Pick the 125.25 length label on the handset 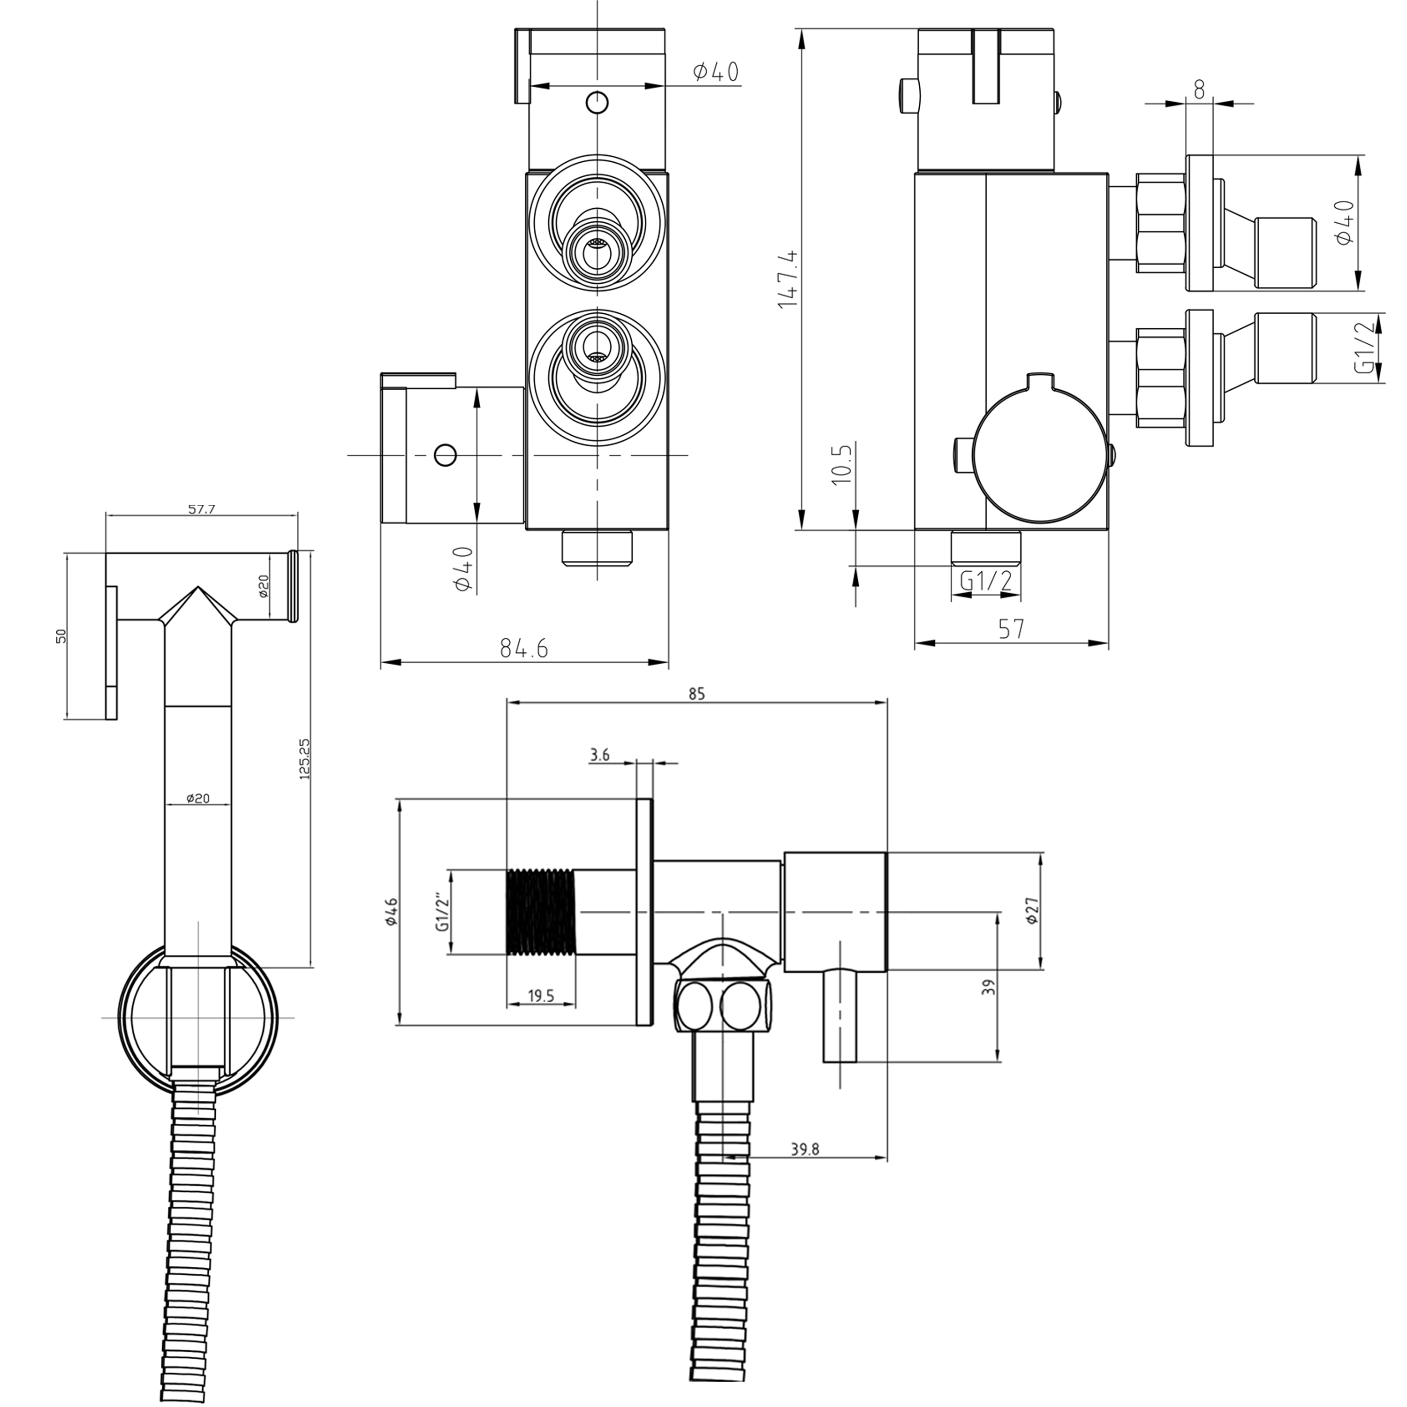pyautogui.click(x=304, y=760)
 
